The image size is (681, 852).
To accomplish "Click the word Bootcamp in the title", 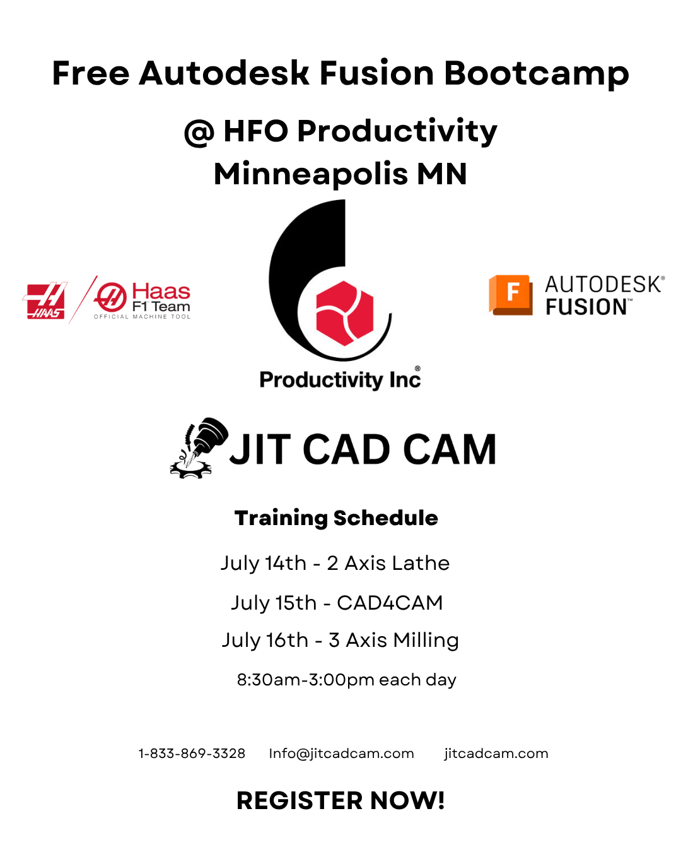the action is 536,74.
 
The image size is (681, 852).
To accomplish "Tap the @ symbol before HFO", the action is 199,133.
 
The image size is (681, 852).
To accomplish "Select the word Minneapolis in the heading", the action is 311,175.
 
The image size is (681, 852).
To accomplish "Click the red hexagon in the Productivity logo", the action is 345,313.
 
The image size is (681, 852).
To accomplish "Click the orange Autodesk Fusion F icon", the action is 511,295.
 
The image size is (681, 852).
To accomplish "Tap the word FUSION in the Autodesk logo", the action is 586,307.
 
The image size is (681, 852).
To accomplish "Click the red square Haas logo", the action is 45,300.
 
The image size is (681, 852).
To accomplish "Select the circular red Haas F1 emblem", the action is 110,297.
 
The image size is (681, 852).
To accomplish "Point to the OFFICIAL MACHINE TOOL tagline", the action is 142,317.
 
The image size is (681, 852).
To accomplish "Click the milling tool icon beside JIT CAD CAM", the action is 199,448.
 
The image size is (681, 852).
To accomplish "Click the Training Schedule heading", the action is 336,518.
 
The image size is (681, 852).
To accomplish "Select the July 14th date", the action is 263,564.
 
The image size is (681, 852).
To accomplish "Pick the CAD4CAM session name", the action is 390,603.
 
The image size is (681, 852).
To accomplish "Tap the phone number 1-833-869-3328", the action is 192,754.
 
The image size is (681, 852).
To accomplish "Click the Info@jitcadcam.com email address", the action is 341,754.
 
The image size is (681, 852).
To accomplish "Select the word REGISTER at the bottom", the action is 299,800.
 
